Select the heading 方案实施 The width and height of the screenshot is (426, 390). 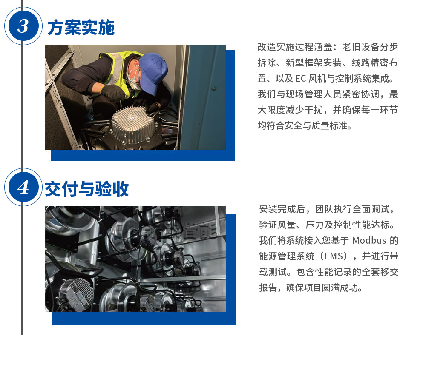pyautogui.click(x=81, y=28)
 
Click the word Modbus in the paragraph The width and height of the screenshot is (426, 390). pyautogui.click(x=369, y=240)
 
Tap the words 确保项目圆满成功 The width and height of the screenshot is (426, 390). pyautogui.click(x=324, y=288)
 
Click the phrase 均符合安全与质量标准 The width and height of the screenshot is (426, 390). pyautogui.click(x=305, y=126)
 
